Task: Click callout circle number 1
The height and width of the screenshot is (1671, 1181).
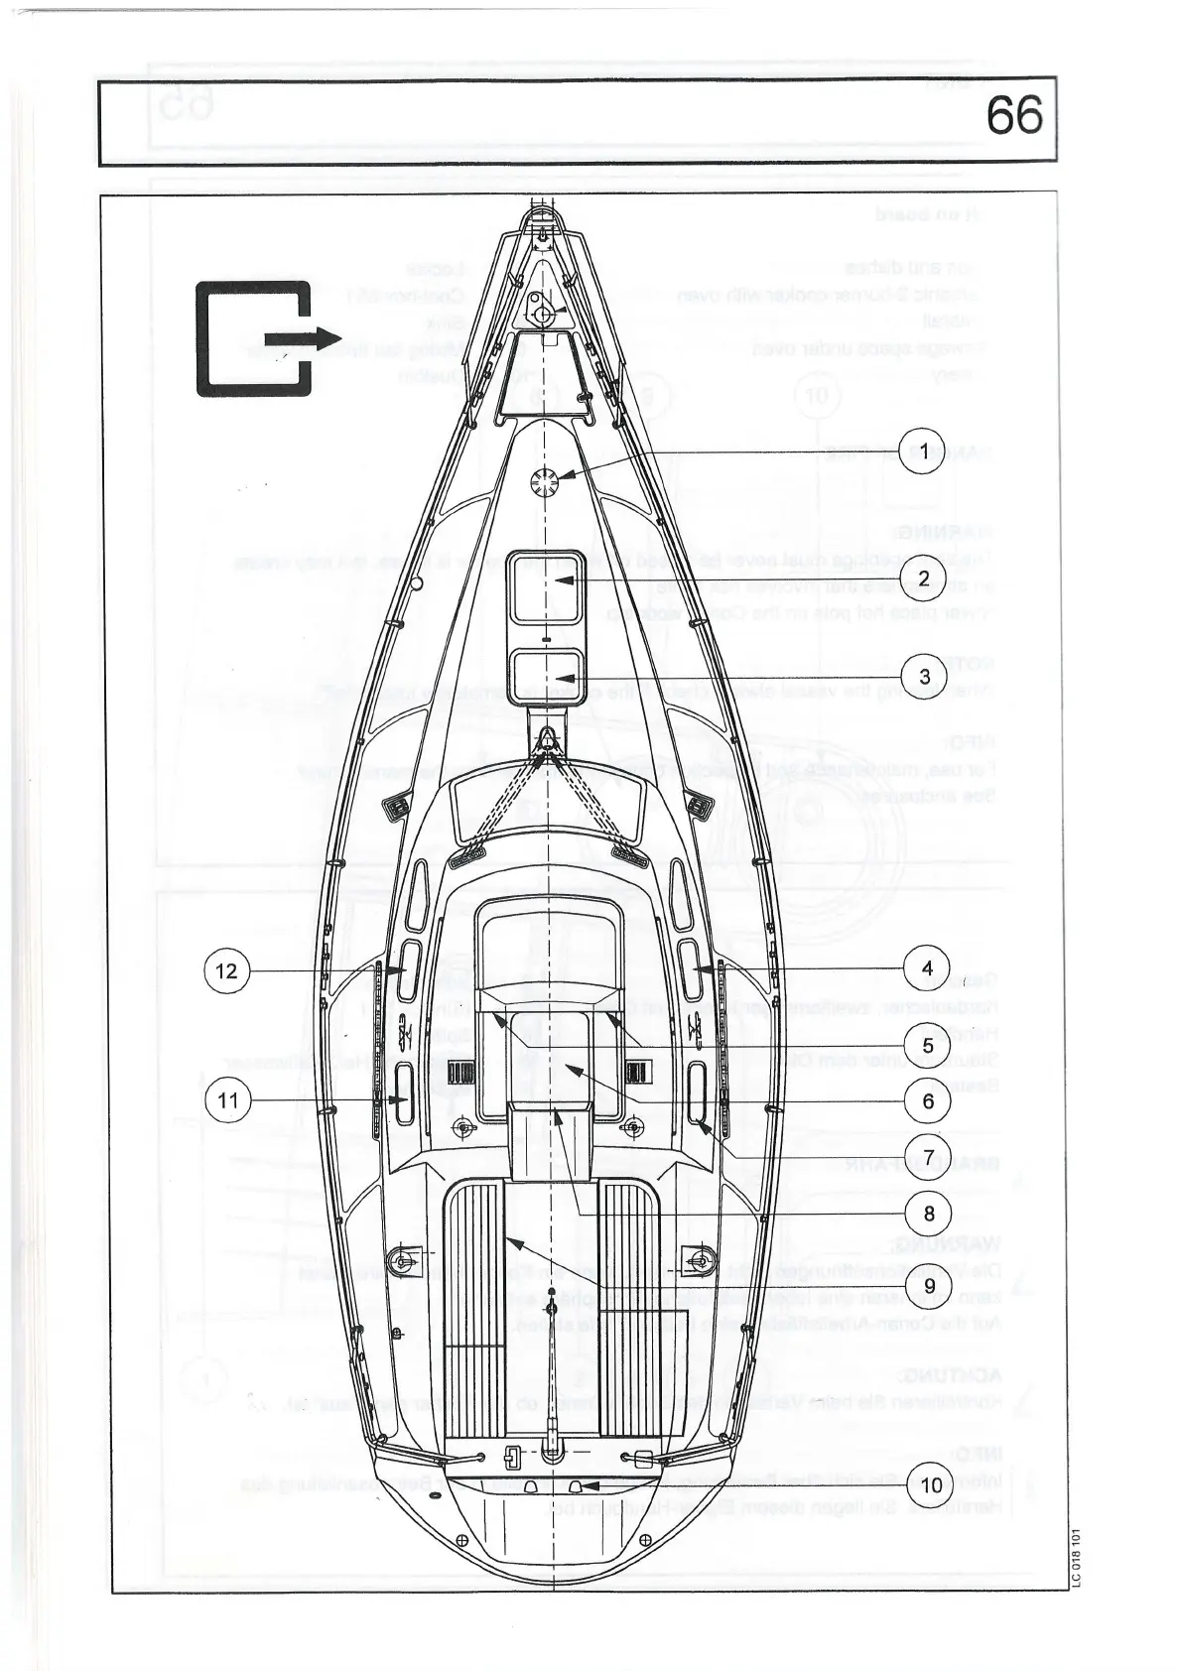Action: [924, 452]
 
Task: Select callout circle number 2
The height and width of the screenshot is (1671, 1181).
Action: [924, 578]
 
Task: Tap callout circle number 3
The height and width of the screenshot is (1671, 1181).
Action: [924, 676]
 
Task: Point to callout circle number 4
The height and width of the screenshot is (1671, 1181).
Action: [927, 968]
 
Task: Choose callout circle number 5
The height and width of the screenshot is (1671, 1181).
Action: [927, 1045]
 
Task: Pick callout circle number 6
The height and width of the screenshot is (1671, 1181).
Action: [927, 1100]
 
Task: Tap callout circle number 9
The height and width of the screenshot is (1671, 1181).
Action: [929, 1286]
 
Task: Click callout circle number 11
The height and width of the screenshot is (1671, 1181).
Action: [228, 1100]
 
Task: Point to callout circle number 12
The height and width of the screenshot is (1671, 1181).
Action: [227, 969]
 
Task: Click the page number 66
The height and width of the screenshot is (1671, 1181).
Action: [1014, 117]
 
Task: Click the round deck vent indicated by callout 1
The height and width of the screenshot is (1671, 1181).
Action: [543, 481]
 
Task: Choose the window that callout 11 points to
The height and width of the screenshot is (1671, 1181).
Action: [403, 1096]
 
